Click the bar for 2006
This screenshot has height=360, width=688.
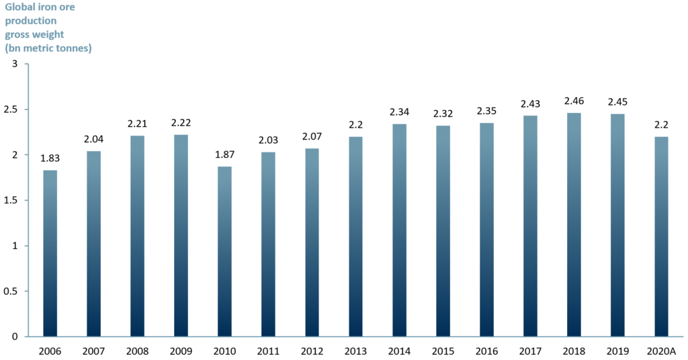tap(50, 253)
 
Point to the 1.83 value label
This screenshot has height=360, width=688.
tap(50, 159)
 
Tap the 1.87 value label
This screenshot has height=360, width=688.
tap(224, 156)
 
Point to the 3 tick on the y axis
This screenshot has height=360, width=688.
tap(14, 64)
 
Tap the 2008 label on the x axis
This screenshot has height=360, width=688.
tap(138, 351)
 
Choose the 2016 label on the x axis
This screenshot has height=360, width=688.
tap(486, 351)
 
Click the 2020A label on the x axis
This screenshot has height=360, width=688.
tap(661, 351)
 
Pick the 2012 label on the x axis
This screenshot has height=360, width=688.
tap(312, 351)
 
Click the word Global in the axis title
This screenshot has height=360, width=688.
tap(19, 8)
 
